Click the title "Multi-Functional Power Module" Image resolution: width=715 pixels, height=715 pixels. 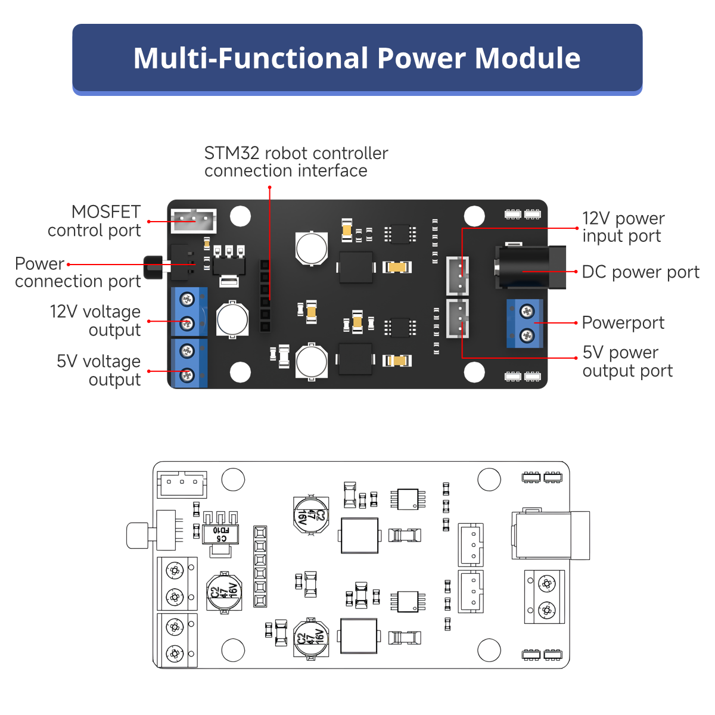pyautogui.click(x=357, y=58)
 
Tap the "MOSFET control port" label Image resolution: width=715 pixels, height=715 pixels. pyautogui.click(x=94, y=221)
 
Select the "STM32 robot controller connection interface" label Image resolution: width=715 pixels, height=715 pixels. pyautogui.click(x=296, y=162)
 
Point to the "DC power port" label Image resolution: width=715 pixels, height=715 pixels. pyautogui.click(x=640, y=272)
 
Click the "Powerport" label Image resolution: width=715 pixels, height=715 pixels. pyautogui.click(x=623, y=323)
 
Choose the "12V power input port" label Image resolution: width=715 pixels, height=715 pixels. pyautogui.click(x=623, y=227)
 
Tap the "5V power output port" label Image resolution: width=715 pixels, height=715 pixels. pyautogui.click(x=627, y=362)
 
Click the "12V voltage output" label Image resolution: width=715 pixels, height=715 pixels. pyautogui.click(x=95, y=321)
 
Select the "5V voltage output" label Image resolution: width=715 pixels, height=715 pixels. pyautogui.click(x=99, y=370)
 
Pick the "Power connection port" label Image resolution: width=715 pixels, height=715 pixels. pyautogui.click(x=77, y=272)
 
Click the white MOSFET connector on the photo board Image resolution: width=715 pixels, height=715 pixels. pyautogui.click(x=193, y=220)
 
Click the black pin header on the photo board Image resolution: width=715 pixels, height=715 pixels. pyautogui.click(x=265, y=296)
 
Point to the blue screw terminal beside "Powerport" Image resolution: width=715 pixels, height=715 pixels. pyautogui.click(x=525, y=324)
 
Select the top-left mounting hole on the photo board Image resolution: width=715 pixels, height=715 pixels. pyautogui.click(x=240, y=216)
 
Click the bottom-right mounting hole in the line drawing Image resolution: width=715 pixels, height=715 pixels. pyautogui.click(x=489, y=649)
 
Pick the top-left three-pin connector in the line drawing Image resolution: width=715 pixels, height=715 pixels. pyautogui.click(x=182, y=484)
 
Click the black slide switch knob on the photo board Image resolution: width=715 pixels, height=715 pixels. pyautogui.click(x=153, y=268)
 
